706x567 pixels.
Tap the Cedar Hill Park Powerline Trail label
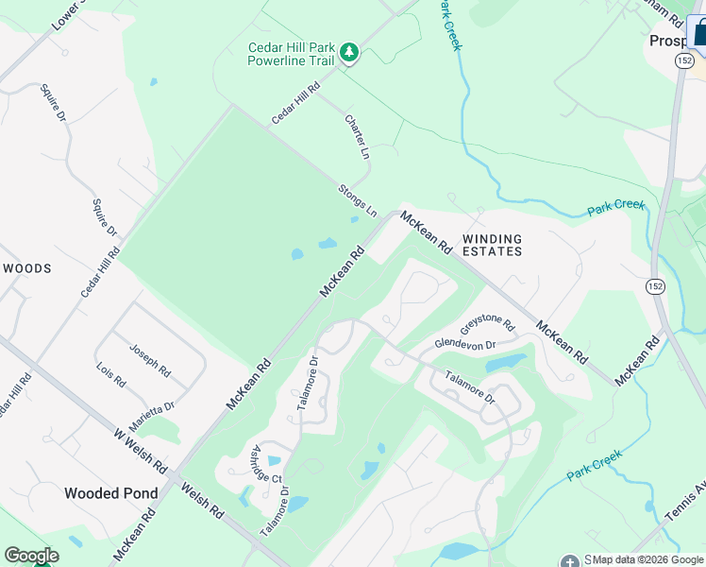click(x=291, y=54)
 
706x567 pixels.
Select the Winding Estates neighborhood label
click(x=491, y=246)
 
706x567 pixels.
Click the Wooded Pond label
click(x=111, y=493)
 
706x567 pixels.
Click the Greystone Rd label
click(x=488, y=324)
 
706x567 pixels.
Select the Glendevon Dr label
click(x=464, y=343)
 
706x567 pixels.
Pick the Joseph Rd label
click(x=149, y=358)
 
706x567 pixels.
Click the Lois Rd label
click(x=110, y=375)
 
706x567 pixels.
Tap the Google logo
click(x=31, y=556)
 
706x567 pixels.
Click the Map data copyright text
click(x=647, y=560)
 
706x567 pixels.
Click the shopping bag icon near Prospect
click(x=698, y=31)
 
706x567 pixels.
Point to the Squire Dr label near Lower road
click(x=53, y=106)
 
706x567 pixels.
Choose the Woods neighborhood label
click(x=26, y=268)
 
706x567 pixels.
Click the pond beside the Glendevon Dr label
click(x=505, y=363)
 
